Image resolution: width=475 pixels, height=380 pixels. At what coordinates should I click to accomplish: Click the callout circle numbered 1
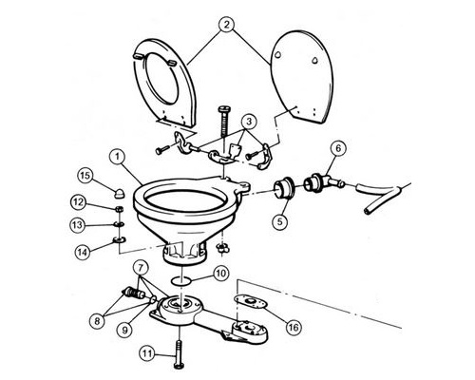117,158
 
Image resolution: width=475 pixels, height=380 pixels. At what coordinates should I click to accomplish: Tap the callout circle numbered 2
226,25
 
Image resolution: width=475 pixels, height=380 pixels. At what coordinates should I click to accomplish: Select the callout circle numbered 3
249,122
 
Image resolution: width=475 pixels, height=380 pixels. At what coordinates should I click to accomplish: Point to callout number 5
280,221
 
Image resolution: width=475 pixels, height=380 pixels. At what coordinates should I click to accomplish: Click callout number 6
338,148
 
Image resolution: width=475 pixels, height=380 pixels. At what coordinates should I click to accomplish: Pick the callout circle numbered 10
220,274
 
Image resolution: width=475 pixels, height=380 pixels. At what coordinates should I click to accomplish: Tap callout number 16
294,327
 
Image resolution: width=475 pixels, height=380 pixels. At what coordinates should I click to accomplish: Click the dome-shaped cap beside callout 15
119,193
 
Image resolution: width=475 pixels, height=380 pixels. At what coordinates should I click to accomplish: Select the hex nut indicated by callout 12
120,209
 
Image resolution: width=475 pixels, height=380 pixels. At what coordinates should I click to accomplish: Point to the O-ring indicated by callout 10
180,280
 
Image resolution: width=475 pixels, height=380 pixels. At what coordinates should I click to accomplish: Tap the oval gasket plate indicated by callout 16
250,301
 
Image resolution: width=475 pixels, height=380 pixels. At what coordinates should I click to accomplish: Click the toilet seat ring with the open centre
164,83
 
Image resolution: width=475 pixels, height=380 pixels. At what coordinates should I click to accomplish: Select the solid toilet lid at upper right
301,77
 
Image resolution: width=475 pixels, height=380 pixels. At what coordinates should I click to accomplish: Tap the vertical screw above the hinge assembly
223,122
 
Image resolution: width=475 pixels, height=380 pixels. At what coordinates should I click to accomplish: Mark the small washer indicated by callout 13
120,224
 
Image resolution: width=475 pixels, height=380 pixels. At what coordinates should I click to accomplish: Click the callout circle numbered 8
97,321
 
